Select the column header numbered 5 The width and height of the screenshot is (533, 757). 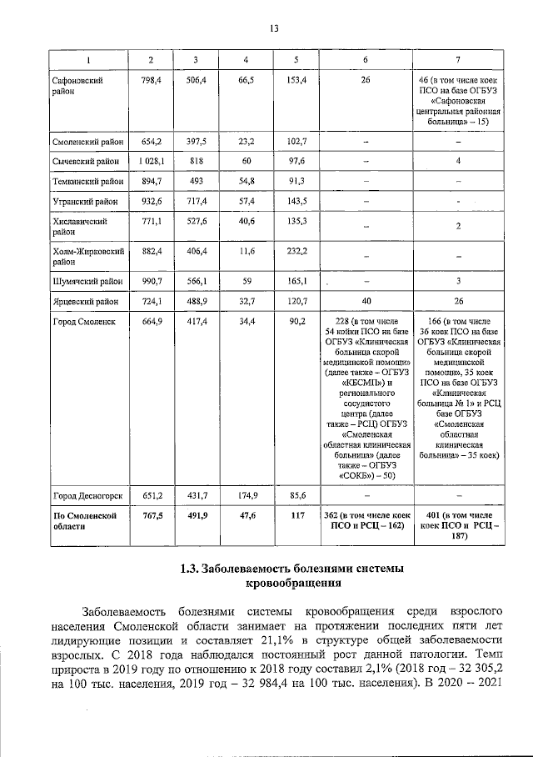click(295, 59)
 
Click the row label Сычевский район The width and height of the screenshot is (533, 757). click(87, 160)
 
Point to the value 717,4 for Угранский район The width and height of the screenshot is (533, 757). click(197, 202)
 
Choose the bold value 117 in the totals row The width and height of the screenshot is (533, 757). click(296, 516)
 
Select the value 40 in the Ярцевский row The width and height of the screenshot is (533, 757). click(366, 300)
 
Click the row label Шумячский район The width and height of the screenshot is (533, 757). click(87, 280)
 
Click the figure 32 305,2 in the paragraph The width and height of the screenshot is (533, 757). click(484, 669)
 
